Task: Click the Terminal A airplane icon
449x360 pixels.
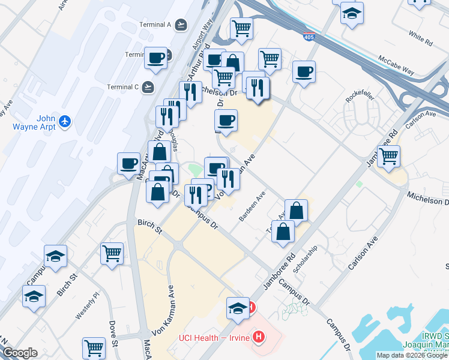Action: tap(181, 25)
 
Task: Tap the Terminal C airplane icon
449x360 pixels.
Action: tap(148, 87)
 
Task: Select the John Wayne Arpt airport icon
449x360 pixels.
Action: tap(65, 122)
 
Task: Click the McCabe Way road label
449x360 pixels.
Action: tap(396, 65)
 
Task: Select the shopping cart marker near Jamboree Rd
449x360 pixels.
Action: tap(389, 156)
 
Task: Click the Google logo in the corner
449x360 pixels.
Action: tap(20, 353)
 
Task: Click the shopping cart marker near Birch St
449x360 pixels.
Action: tap(112, 253)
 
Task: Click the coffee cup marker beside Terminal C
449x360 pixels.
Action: tap(156, 58)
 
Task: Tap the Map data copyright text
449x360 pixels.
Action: tap(412, 355)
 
